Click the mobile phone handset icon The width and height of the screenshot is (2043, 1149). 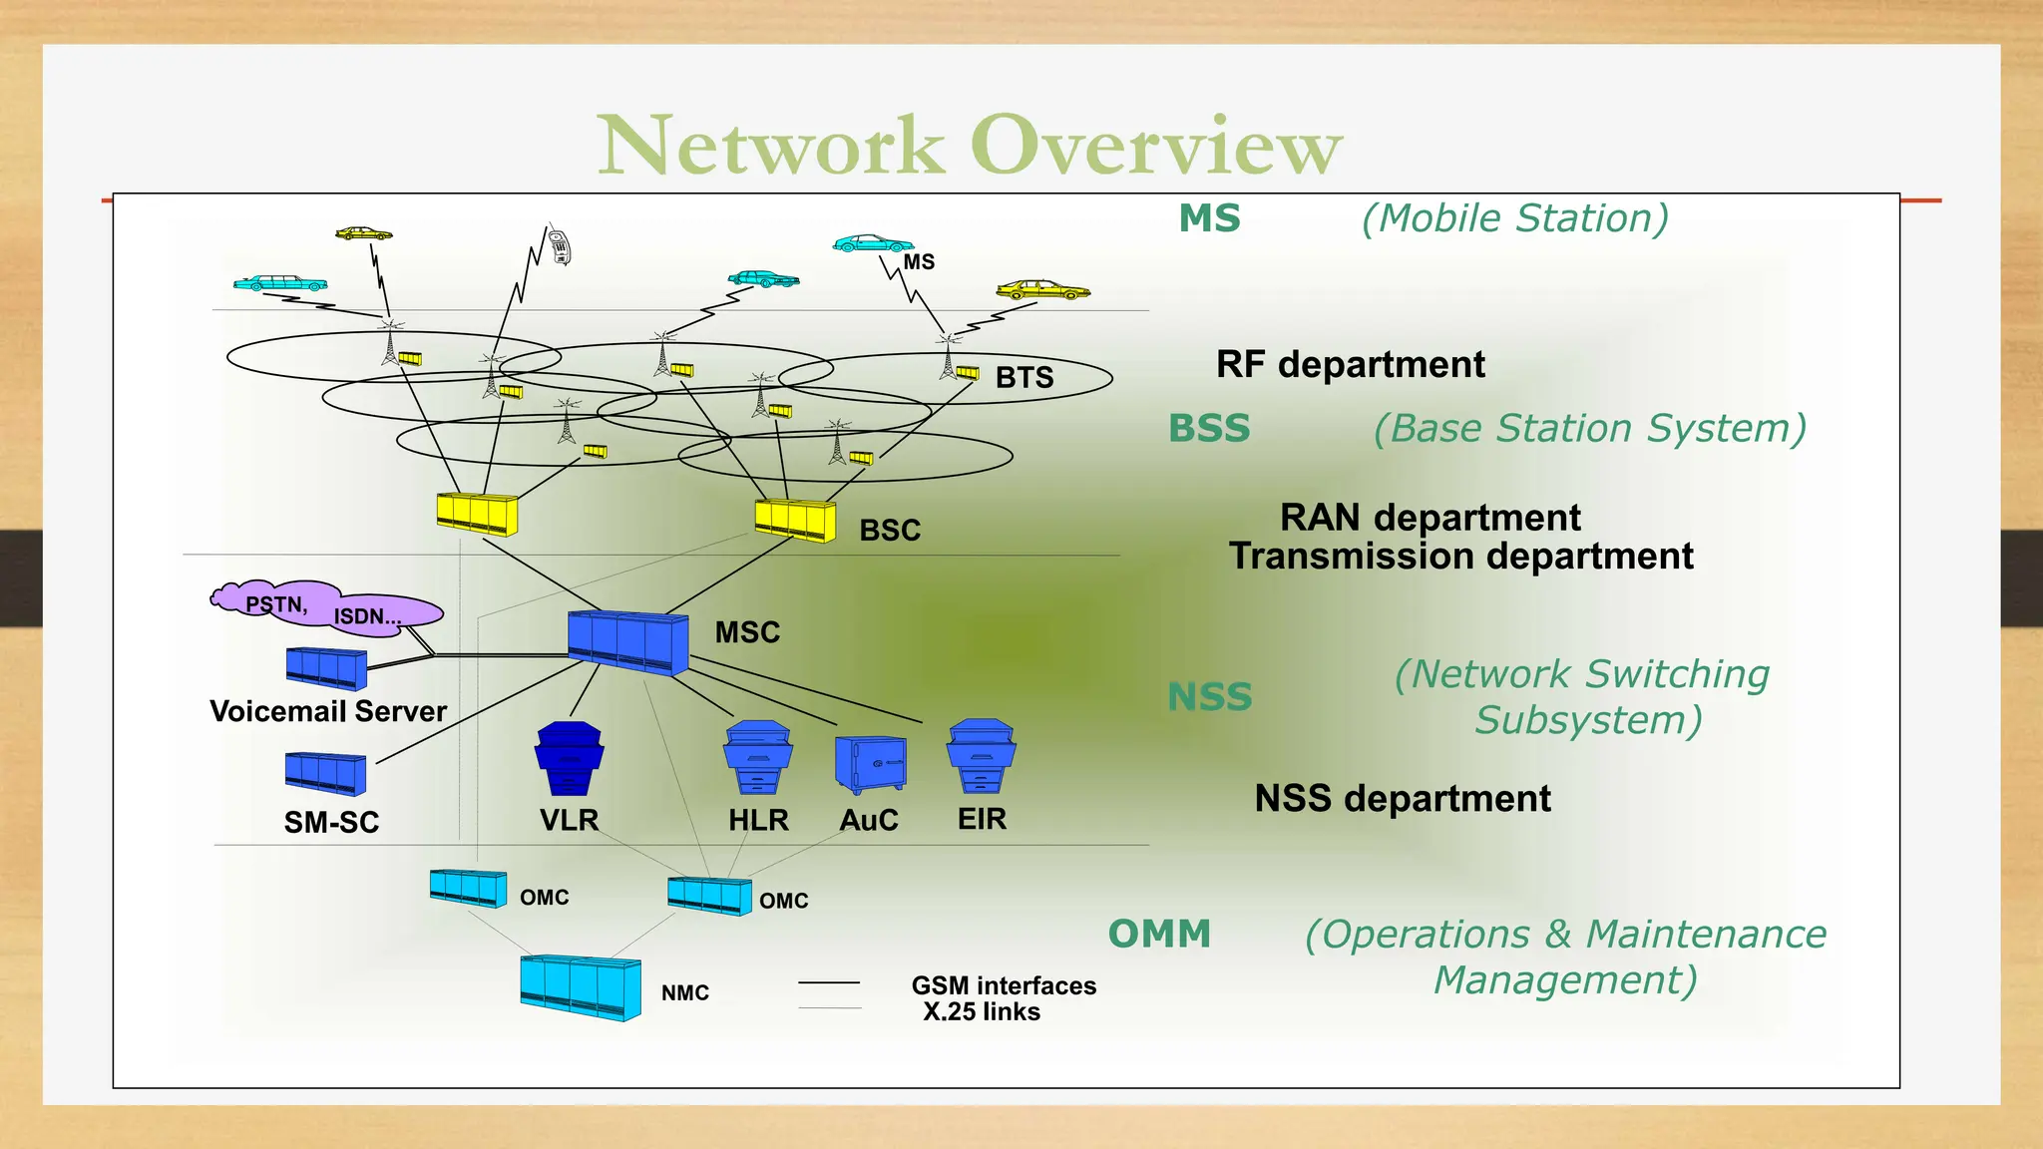560,245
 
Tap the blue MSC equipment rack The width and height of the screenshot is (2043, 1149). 627,642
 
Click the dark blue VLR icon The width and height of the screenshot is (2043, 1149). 569,758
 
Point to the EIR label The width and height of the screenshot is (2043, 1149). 982,819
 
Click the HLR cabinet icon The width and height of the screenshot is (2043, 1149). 758,758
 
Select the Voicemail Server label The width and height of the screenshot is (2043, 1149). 328,711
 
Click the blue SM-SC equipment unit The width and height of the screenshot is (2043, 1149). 325,774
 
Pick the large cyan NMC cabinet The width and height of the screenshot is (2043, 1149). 581,986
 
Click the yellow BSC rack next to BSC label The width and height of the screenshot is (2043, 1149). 795,520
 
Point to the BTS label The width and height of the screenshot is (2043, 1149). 1024,377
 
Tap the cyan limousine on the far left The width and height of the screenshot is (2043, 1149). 280,284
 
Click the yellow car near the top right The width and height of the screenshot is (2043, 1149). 1042,290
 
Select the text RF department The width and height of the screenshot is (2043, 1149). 1350,364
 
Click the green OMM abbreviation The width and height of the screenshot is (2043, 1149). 1159,934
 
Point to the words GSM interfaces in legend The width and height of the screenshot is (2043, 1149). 1003,985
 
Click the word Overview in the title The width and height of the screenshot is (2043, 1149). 1156,146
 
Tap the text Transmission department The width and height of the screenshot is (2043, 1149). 1460,556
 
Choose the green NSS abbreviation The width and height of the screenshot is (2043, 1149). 1209,696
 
